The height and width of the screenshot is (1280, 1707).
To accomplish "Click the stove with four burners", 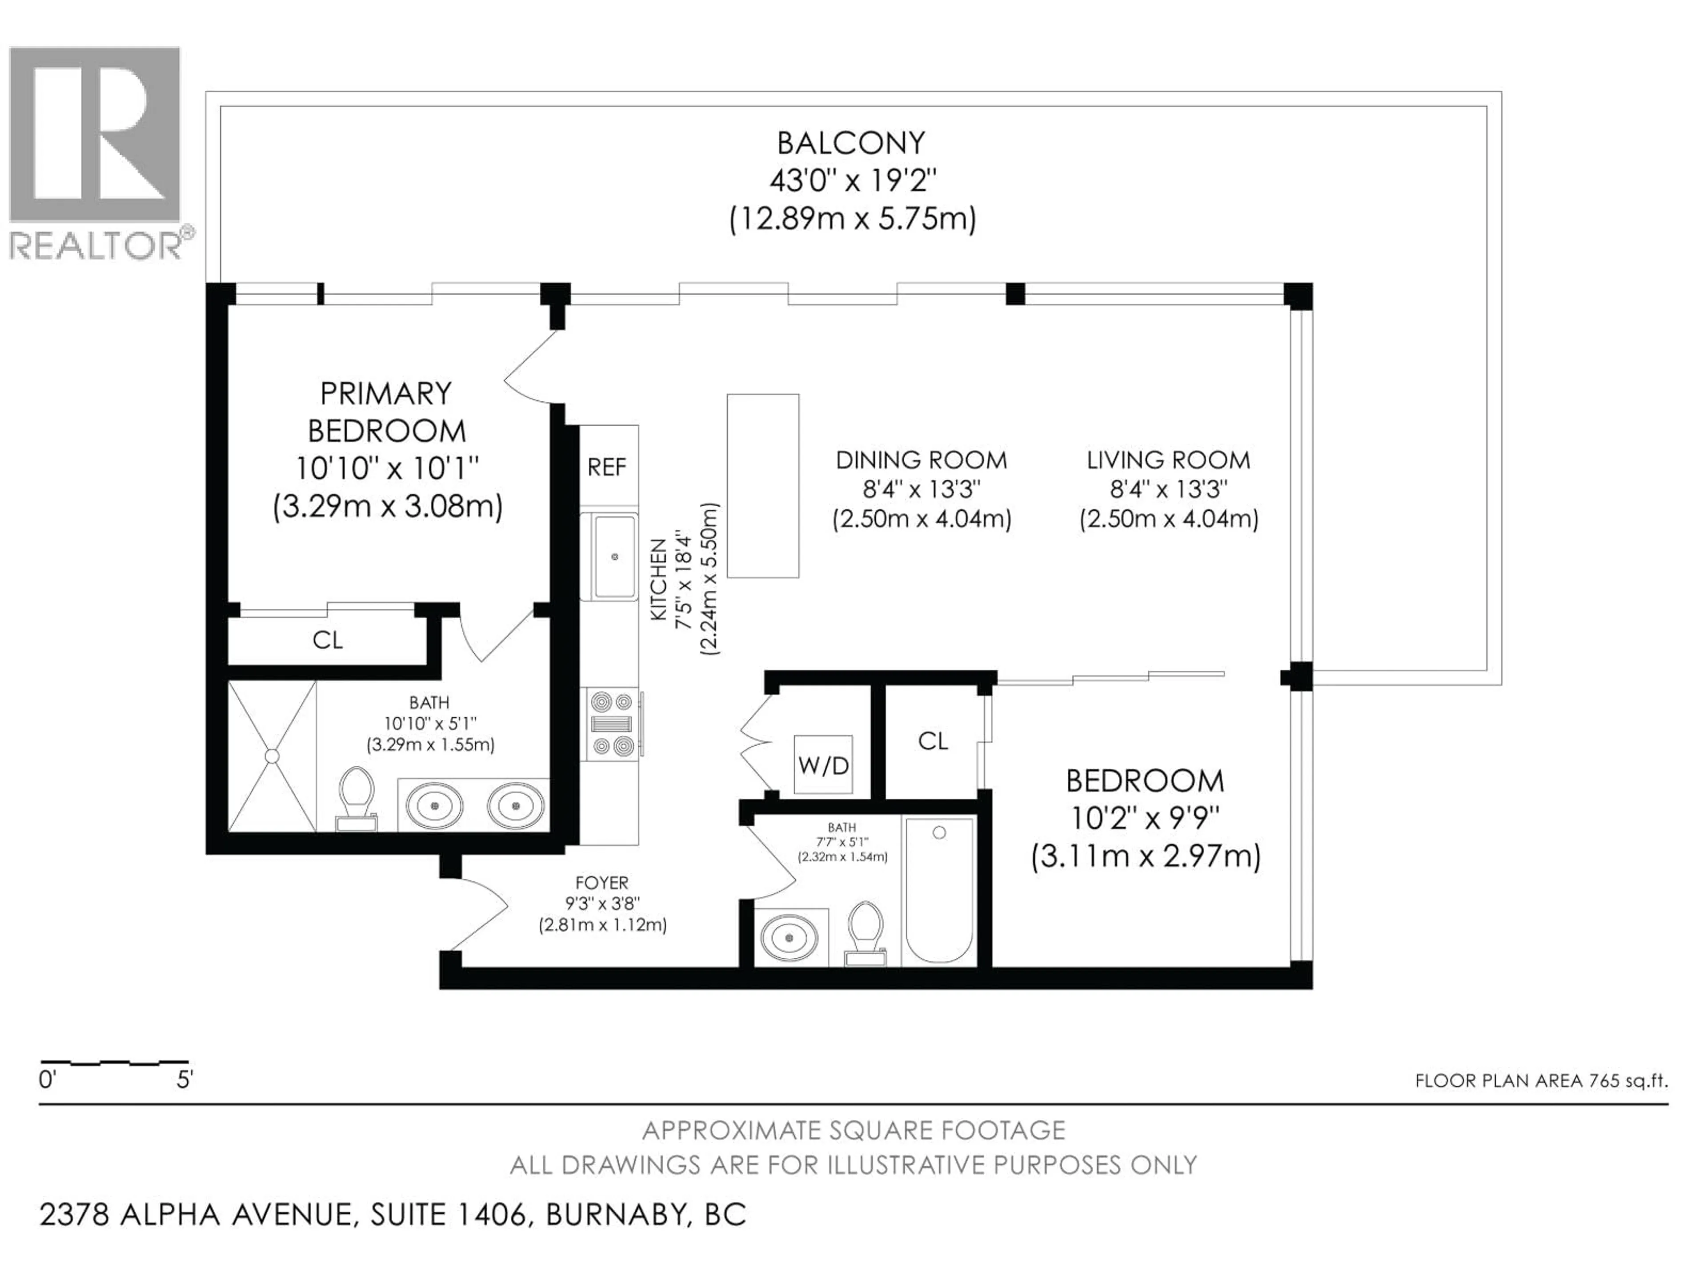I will (612, 724).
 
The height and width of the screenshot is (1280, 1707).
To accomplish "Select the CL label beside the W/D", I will (933, 741).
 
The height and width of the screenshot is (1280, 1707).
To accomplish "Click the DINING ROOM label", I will (922, 460).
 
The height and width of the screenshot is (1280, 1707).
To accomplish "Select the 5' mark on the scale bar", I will (184, 1080).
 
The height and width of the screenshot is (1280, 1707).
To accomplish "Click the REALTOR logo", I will (95, 151).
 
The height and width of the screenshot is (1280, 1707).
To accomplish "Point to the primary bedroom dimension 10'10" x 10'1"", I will (387, 468).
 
